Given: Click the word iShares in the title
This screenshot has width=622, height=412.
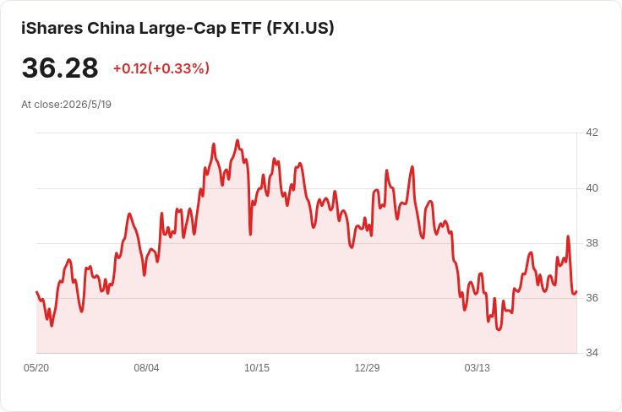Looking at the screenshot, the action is tap(52, 28).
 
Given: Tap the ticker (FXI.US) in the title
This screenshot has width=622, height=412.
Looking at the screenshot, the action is tap(300, 28).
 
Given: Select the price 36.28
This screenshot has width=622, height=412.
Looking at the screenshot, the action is tap(60, 68).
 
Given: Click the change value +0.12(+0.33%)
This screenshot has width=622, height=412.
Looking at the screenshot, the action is tap(161, 68).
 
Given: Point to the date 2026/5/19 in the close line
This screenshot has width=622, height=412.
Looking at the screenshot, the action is tap(87, 105).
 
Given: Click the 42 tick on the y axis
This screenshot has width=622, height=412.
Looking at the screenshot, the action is tap(592, 133).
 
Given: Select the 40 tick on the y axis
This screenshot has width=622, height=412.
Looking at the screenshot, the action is tap(592, 188).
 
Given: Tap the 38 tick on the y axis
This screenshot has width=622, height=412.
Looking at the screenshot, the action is tap(592, 243).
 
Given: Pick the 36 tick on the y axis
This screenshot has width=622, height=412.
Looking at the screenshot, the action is tap(592, 298).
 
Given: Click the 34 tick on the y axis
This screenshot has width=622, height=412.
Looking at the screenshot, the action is tap(592, 353).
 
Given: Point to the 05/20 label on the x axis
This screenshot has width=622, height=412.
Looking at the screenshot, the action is tap(36, 368).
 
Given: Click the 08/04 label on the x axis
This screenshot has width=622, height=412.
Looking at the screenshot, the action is tap(146, 368).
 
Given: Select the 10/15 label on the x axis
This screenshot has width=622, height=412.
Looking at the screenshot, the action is tap(257, 368).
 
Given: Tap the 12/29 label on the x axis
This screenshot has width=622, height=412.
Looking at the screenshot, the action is tap(367, 368).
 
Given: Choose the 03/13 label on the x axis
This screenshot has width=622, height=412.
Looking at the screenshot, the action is tap(477, 368).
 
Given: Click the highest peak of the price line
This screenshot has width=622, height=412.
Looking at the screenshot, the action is tap(237, 140).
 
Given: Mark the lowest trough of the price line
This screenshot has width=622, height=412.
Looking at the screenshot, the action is tap(499, 329).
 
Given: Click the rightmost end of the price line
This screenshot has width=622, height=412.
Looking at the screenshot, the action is tap(576, 291).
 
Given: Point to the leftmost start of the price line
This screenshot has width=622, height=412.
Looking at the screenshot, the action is tap(36, 292).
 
